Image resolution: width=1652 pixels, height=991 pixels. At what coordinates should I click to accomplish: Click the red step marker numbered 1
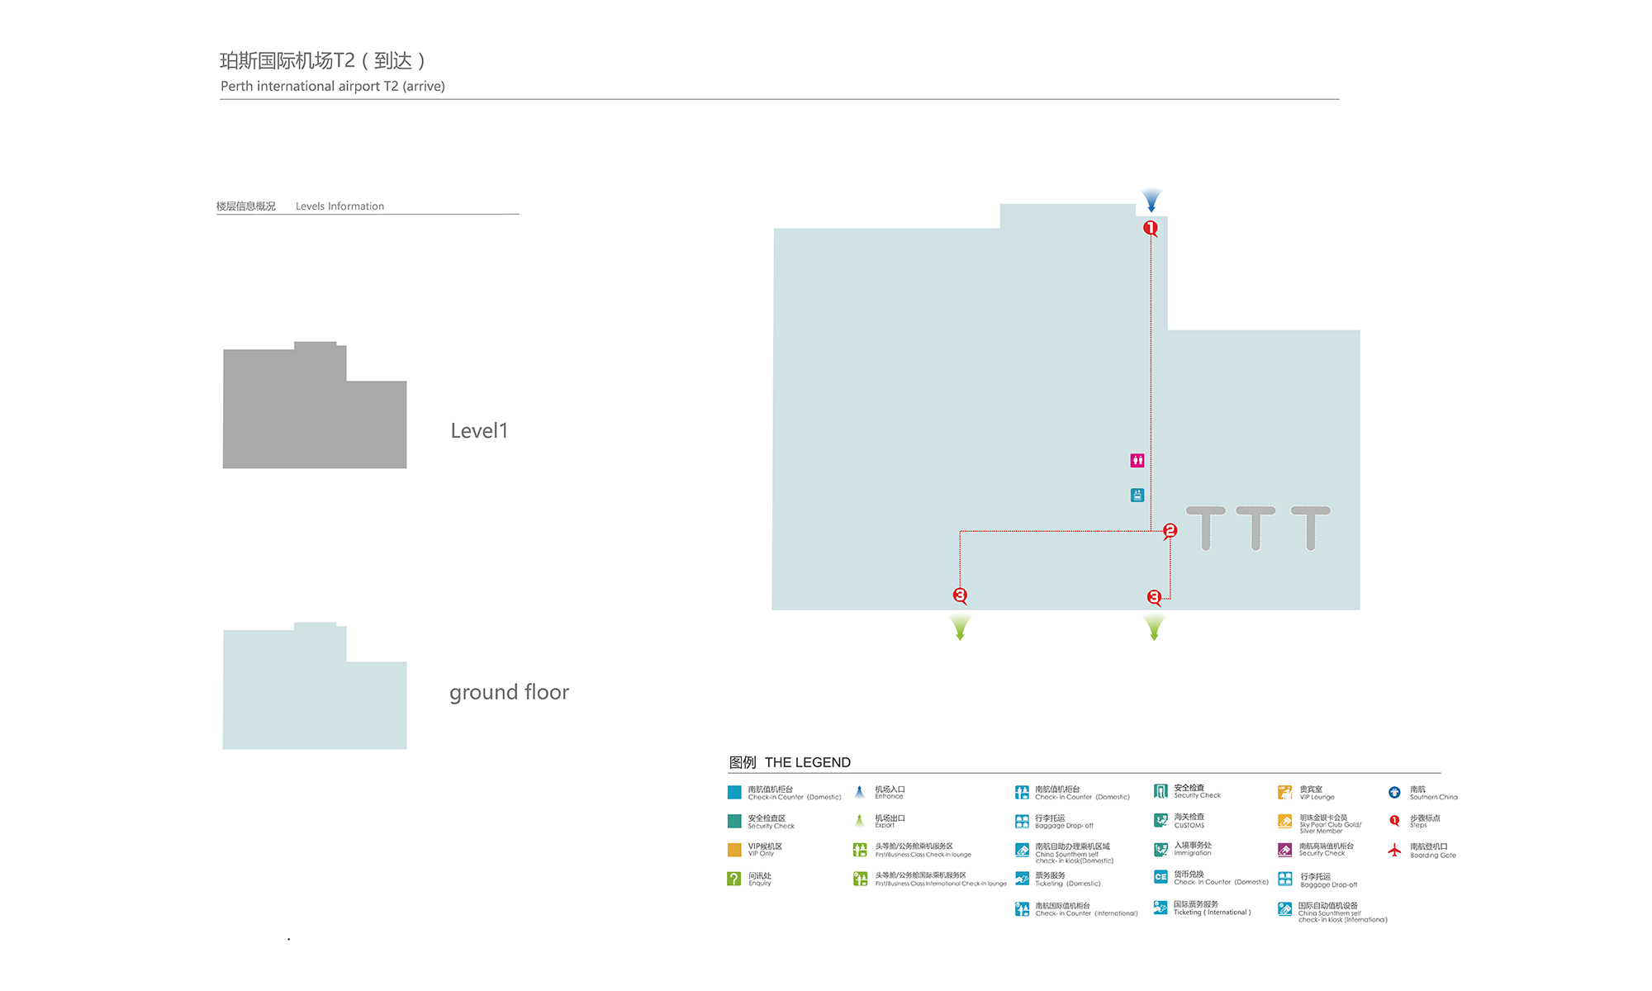tap(1150, 228)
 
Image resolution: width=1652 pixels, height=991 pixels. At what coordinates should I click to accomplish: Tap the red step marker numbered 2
tap(1170, 530)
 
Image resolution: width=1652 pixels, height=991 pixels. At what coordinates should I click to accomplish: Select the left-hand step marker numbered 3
tap(960, 595)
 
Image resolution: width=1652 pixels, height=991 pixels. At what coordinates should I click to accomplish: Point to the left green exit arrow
tap(960, 628)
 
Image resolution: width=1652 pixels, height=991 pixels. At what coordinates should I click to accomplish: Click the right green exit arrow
tap(1154, 628)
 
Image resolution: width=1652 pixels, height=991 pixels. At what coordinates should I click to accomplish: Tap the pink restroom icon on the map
tap(1137, 460)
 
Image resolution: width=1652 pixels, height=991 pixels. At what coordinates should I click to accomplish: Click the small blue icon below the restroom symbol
tap(1137, 495)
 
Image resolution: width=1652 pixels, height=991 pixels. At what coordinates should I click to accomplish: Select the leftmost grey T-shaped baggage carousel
tap(1206, 527)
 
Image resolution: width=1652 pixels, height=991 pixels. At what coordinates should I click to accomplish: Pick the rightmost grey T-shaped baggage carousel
tap(1311, 527)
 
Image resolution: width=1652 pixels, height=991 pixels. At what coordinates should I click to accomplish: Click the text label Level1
tap(479, 431)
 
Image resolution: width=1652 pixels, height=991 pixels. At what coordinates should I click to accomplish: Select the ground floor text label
tap(509, 692)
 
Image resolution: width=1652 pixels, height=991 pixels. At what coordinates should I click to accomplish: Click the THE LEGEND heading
tap(807, 762)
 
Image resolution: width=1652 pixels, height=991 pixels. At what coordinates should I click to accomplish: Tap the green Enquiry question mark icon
tap(733, 879)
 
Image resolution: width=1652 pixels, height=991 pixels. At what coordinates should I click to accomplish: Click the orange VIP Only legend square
tap(733, 850)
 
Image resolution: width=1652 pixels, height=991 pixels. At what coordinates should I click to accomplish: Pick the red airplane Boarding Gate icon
tap(1394, 850)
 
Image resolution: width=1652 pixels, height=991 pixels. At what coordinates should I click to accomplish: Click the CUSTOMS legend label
tap(1189, 825)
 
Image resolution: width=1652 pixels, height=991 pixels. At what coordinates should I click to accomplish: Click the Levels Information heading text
tap(339, 206)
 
